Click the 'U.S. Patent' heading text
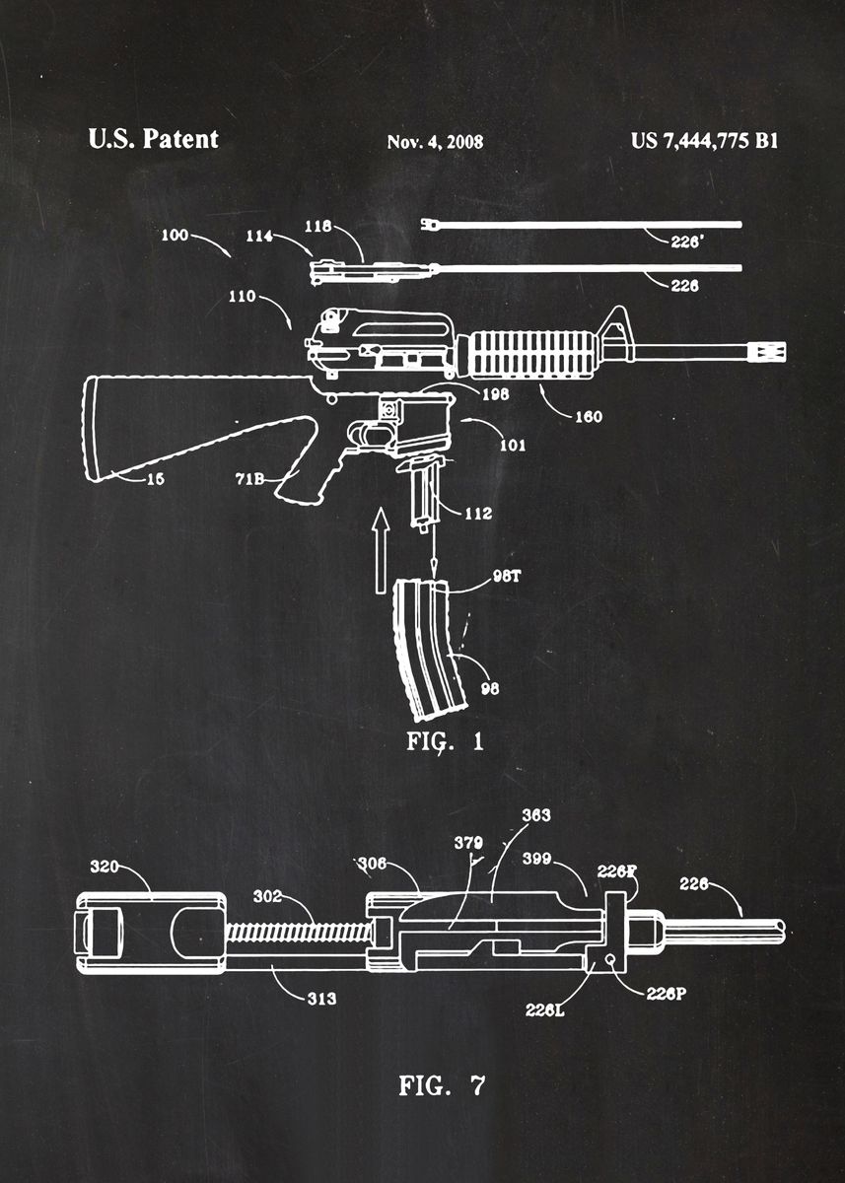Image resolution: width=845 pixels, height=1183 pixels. pos(153,139)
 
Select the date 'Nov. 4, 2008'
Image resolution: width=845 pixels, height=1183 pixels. pos(435,142)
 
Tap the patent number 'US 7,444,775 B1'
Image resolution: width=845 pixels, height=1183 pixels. pos(704,140)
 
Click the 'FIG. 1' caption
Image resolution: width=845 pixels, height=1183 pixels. pos(446,741)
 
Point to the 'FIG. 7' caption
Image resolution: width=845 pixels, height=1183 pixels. pos(442,1086)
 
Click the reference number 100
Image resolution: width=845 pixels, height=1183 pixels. pos(175,237)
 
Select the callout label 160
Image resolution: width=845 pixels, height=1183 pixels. pos(588,416)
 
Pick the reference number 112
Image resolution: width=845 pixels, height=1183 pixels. pos(476,513)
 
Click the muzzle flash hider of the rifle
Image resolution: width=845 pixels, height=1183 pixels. pos(770,351)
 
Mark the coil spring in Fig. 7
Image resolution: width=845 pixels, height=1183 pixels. pos(296,931)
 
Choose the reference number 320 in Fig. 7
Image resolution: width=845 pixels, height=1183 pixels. pos(105,867)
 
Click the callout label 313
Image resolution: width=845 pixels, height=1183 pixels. pos(320,999)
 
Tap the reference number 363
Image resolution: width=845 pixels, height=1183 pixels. pos(535,815)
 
